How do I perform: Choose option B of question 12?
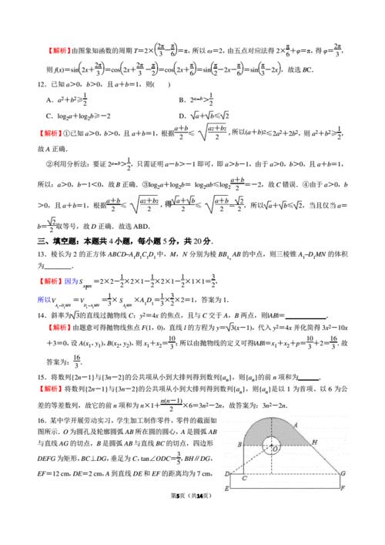[x=181, y=99]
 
